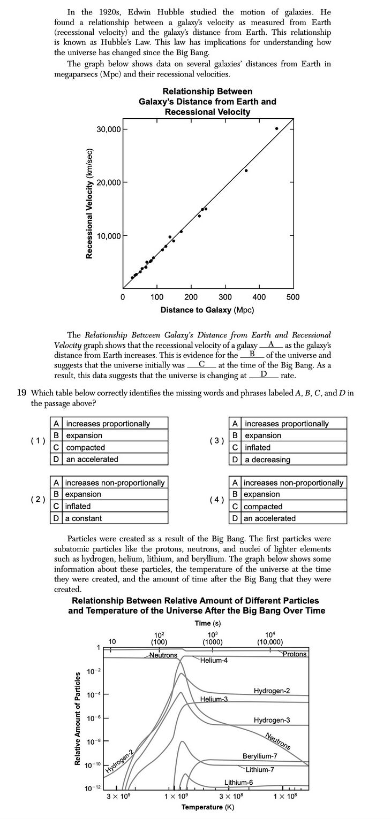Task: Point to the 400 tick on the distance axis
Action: pyautogui.click(x=259, y=297)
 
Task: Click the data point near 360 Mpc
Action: pyautogui.click(x=246, y=170)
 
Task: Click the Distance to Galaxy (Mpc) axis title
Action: pyautogui.click(x=207, y=310)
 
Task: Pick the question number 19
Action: pyautogui.click(x=21, y=393)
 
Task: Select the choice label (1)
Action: pyautogui.click(x=37, y=441)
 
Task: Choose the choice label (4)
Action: pyautogui.click(x=217, y=500)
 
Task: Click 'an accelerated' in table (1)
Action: pyautogui.click(x=92, y=459)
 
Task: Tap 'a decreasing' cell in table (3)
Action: pyautogui.click(x=267, y=459)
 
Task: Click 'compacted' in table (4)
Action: pyautogui.click(x=262, y=506)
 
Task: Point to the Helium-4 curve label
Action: pyautogui.click(x=214, y=661)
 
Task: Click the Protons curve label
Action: pyautogui.click(x=295, y=654)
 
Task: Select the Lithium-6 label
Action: pyautogui.click(x=238, y=782)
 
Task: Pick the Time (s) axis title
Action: pyautogui.click(x=208, y=624)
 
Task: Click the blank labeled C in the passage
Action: pyautogui.click(x=202, y=364)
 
